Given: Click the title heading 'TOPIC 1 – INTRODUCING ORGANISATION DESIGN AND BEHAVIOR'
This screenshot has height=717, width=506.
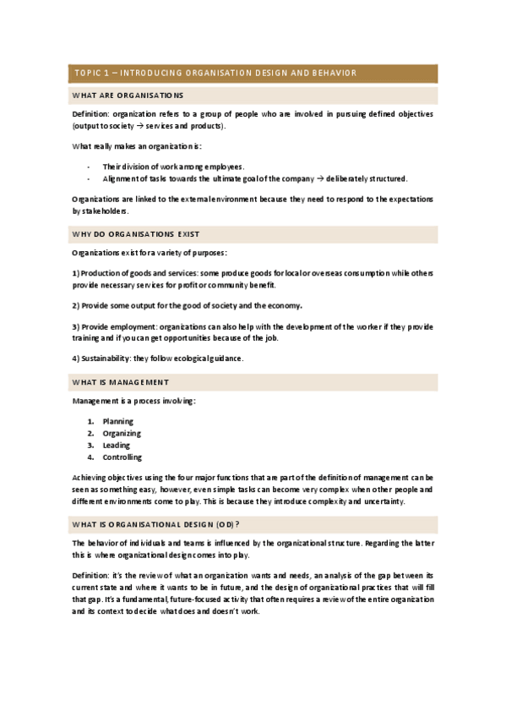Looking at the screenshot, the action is pos(215,74).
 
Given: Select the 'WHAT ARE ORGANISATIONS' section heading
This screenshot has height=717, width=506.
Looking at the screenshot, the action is pos(129,96).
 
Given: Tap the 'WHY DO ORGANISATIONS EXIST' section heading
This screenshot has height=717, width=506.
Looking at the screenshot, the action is pos(135,233).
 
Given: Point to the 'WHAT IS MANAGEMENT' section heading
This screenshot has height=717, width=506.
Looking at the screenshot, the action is pos(122,382).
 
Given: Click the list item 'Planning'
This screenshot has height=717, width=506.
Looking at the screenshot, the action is pos(118,421).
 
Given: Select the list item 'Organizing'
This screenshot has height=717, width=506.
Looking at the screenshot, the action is pos(122,433).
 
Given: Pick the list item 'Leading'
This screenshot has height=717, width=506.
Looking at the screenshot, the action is pos(117,445).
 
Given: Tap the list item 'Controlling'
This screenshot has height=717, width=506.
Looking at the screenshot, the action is pos(122,457).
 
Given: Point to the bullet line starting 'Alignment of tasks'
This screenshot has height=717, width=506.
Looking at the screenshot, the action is pos(253,178).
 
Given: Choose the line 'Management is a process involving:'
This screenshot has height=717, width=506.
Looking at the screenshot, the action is pos(133,401).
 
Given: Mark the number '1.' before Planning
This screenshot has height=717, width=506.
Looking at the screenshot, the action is pos(91,421).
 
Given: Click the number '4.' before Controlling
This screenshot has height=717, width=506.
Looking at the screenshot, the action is pos(91,457).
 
